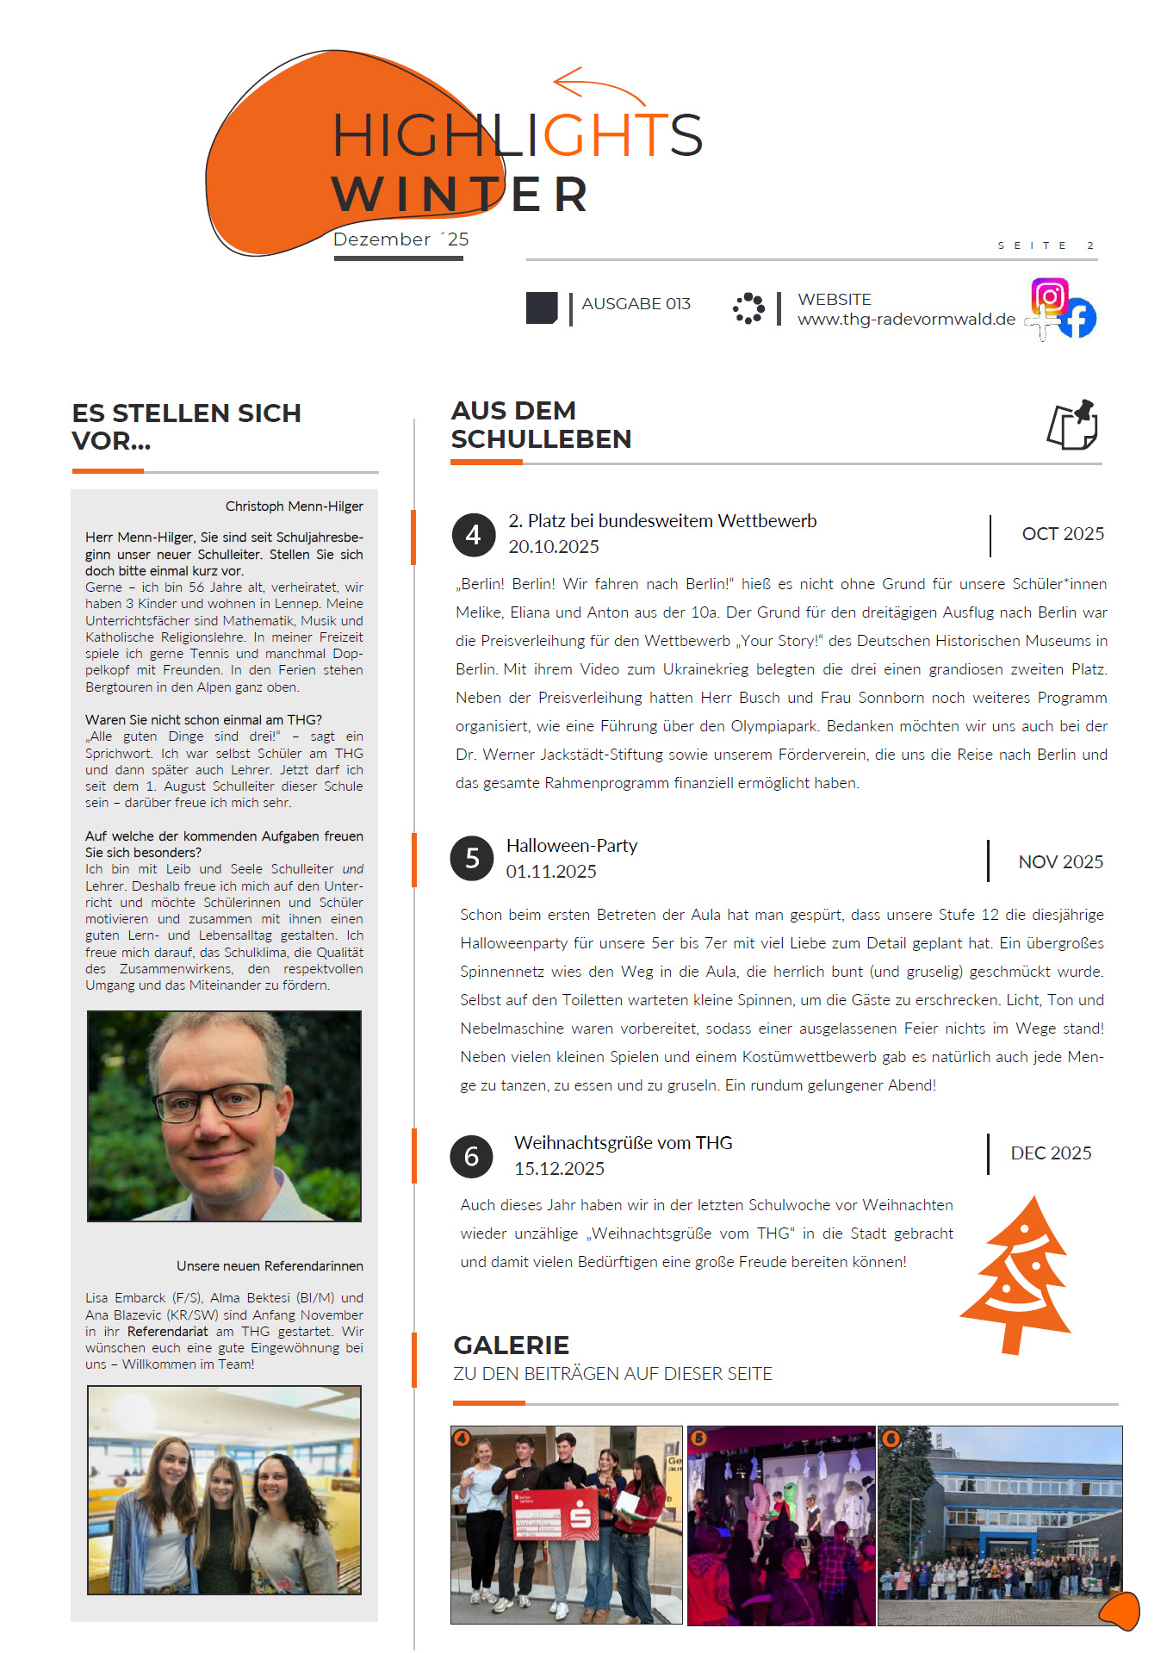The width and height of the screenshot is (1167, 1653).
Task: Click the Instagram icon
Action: (x=1049, y=297)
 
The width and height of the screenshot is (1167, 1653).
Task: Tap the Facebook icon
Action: (x=1077, y=319)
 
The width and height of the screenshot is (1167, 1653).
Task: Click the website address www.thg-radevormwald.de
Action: (x=906, y=320)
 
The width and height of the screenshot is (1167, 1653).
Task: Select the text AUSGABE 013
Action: (x=636, y=304)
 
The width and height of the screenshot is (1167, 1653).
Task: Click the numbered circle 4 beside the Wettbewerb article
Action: (x=473, y=535)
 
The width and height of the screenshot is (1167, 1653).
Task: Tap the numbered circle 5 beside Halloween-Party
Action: (x=472, y=859)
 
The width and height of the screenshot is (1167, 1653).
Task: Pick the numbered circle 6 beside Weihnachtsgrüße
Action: (x=471, y=1156)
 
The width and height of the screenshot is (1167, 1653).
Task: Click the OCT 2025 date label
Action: (x=1062, y=534)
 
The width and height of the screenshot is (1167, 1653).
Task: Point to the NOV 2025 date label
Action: (x=1060, y=862)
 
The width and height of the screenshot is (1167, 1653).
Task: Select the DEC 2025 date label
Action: (x=1051, y=1153)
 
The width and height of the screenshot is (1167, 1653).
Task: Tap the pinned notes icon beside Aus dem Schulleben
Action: (x=1072, y=425)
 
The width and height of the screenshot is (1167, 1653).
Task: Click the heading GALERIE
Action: (x=511, y=1345)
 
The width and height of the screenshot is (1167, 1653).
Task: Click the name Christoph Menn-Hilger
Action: (x=294, y=506)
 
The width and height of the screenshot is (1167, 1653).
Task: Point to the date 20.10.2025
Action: (x=553, y=547)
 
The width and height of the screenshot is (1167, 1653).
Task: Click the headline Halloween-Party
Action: (x=571, y=846)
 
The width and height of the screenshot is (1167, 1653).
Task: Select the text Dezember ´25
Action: (x=400, y=239)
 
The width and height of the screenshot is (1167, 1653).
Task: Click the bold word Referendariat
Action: (x=167, y=1332)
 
